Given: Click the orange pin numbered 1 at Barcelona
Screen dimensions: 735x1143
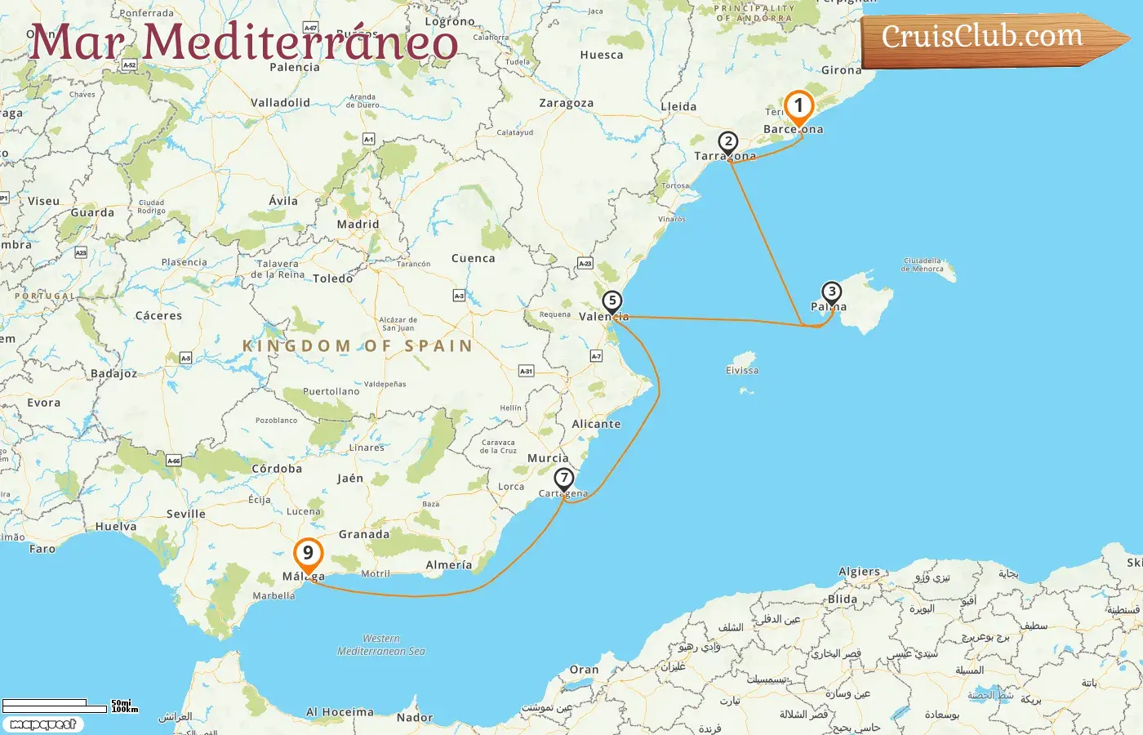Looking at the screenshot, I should (x=798, y=107).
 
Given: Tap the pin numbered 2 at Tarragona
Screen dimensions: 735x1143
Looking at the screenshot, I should (x=728, y=143).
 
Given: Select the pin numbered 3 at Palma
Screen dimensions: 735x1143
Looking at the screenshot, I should (x=831, y=292).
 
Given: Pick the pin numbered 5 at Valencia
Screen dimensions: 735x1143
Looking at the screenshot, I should (x=612, y=301).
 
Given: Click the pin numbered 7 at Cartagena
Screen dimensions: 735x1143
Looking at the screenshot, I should (x=564, y=479).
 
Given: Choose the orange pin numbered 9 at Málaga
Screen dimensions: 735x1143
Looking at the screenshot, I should (x=308, y=554).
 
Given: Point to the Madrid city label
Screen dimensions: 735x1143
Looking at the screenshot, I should (x=358, y=225).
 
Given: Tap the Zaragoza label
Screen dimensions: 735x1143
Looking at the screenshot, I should (x=566, y=104).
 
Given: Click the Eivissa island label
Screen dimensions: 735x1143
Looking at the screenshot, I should (x=742, y=371).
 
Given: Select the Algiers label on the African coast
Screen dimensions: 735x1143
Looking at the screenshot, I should (x=859, y=572).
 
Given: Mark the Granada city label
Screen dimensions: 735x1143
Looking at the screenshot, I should (x=364, y=535).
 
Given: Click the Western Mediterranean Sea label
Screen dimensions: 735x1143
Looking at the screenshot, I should (x=381, y=645).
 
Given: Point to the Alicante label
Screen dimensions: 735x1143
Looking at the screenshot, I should (x=596, y=425).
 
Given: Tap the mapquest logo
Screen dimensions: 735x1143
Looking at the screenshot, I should (x=42, y=724).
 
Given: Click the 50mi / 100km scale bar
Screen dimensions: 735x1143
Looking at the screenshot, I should (x=57, y=705).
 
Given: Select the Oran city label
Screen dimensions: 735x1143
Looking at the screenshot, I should (x=584, y=670).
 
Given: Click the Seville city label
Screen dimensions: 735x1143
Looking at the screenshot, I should (x=186, y=514).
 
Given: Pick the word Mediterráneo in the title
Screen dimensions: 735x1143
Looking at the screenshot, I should (x=300, y=41).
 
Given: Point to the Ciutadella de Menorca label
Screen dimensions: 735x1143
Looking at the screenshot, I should (x=923, y=265).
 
